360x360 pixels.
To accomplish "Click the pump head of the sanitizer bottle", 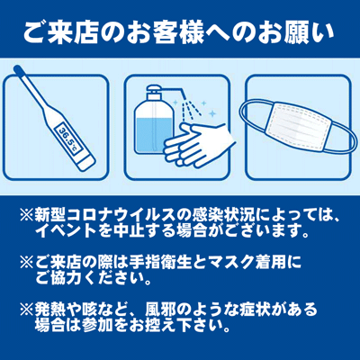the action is pos(155,90).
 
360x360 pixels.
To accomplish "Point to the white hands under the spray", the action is pos(195,144).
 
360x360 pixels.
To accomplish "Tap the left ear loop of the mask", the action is pos(253,116).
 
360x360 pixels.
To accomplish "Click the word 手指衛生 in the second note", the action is pos(160,263).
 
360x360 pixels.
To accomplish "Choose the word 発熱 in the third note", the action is pos(50,310).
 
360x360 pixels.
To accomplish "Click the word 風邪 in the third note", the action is pos(161,310).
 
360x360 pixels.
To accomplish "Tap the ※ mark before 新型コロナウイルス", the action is pos(27,215).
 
